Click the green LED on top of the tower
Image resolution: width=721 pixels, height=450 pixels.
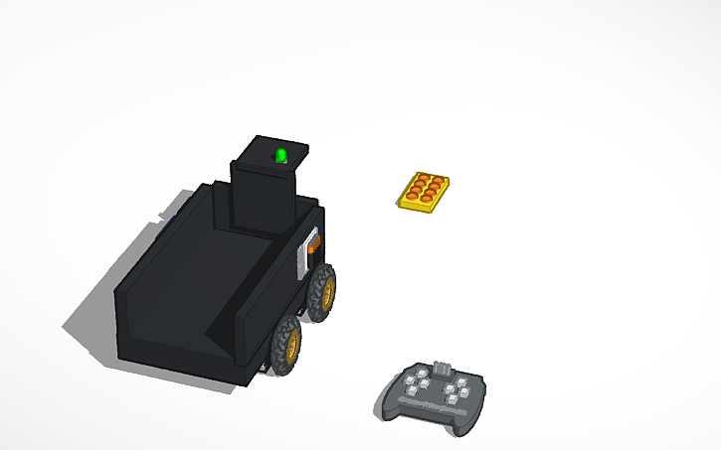[x=281, y=155]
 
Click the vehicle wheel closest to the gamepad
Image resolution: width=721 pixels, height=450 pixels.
[x=287, y=345]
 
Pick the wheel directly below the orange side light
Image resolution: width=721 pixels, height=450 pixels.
[x=321, y=291]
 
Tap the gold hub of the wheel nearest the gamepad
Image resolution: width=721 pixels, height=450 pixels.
[x=292, y=345]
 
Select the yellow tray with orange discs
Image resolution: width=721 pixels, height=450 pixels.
[x=423, y=192]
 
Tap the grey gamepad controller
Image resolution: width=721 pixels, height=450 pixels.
[x=433, y=394]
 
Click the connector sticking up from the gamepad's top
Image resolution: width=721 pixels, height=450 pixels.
[x=441, y=367]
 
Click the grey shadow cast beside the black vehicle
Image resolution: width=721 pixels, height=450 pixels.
[x=90, y=318]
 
